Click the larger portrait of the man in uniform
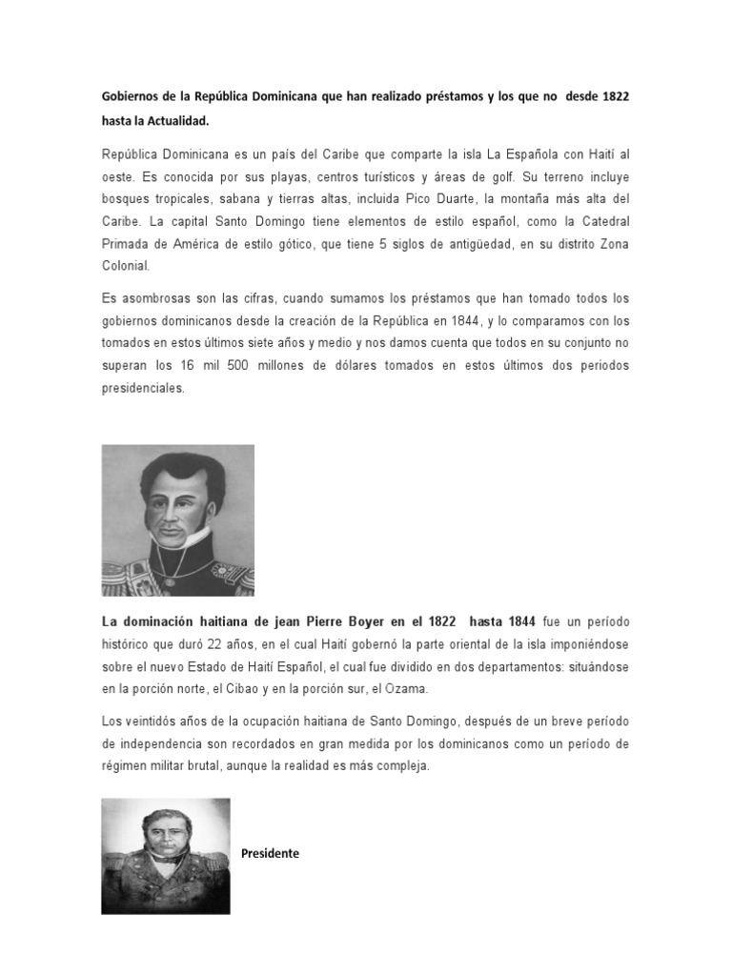(x=178, y=519)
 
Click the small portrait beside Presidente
(x=166, y=855)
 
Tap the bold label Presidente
(x=270, y=854)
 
